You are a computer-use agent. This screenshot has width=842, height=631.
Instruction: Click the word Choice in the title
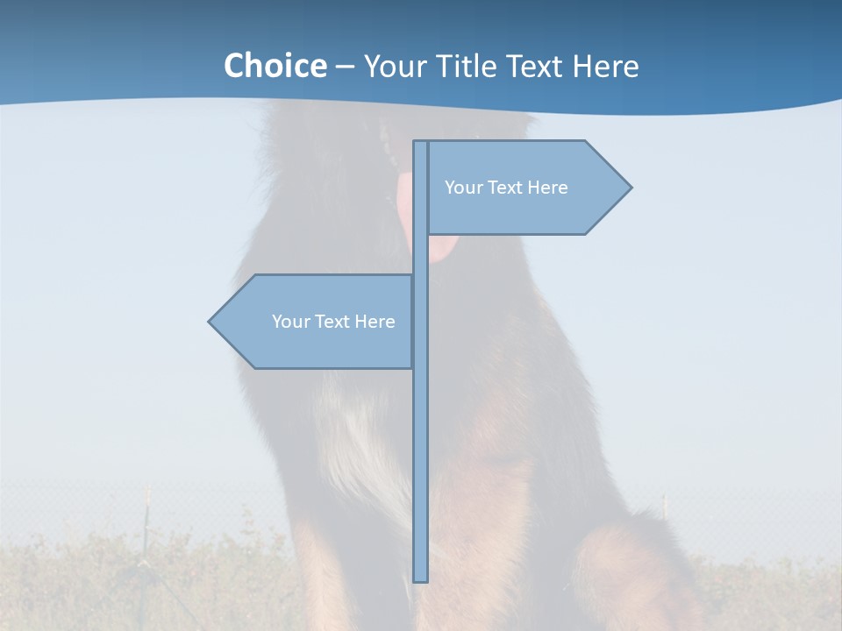(275, 67)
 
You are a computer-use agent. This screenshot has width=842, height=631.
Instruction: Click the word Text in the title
(535, 67)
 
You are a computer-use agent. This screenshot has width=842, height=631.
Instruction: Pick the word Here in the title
(606, 67)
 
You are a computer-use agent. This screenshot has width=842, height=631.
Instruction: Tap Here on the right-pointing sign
(547, 188)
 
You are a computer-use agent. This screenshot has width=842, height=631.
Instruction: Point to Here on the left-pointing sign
(375, 322)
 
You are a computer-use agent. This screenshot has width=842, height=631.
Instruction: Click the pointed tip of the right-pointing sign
(630, 187)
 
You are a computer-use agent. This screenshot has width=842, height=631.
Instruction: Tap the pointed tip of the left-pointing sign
(210, 322)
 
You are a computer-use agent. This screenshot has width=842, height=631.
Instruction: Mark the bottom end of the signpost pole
(420, 579)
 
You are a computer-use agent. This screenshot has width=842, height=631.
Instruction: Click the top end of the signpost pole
(420, 143)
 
